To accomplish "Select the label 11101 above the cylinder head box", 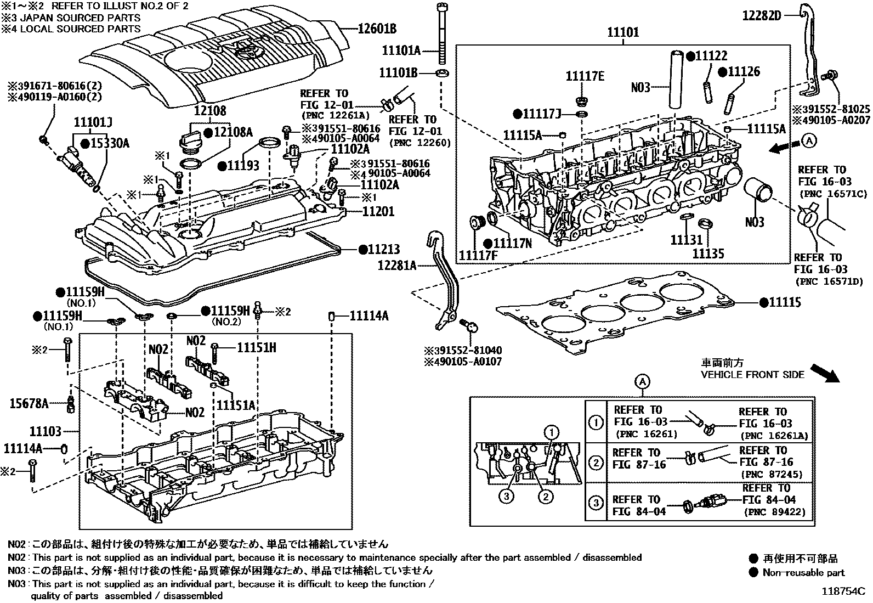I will [x=622, y=32].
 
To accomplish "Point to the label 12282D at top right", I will [x=761, y=15].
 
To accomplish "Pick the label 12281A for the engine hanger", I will [x=396, y=266].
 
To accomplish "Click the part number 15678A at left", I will [x=29, y=404].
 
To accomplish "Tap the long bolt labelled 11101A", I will [x=442, y=33].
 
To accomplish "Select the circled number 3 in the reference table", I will [x=596, y=502].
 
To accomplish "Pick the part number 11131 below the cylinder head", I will [x=686, y=240].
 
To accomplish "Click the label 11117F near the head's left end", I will [x=478, y=256].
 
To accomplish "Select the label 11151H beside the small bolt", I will [x=256, y=347].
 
